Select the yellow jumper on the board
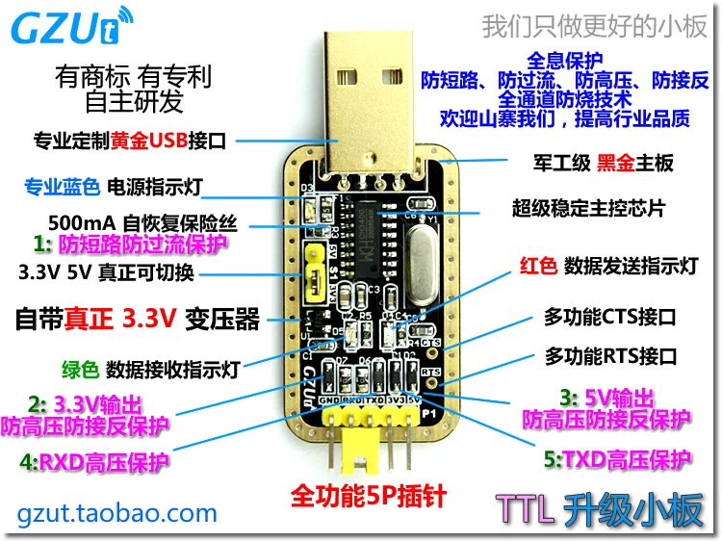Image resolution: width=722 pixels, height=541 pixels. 311,268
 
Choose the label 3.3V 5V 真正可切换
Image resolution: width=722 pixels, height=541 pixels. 107,272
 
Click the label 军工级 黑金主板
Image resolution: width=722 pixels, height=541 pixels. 604,163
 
